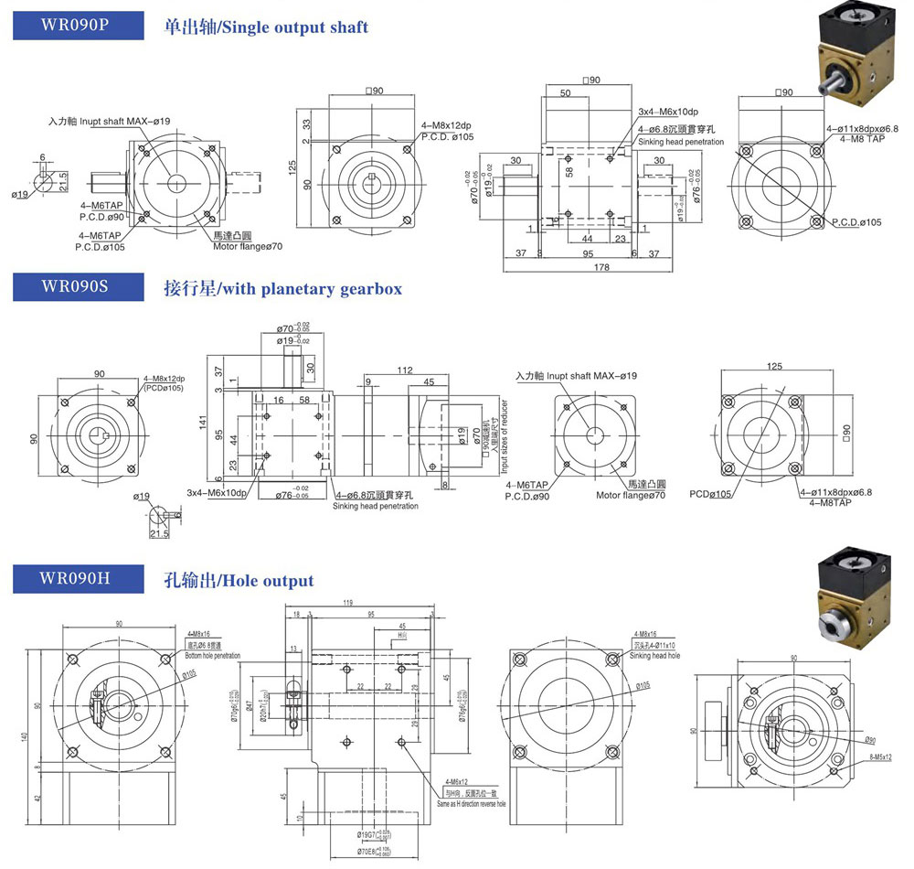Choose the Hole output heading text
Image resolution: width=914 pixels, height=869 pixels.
(x=239, y=580)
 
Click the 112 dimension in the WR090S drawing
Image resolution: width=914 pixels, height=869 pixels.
(x=405, y=370)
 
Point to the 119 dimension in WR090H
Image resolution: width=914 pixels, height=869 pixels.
(x=347, y=604)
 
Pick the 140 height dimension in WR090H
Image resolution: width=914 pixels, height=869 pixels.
(x=27, y=736)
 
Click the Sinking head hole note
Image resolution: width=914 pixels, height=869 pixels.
(x=654, y=656)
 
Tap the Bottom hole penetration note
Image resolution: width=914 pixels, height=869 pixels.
(x=213, y=656)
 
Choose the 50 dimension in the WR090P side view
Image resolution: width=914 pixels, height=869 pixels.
(x=566, y=93)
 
